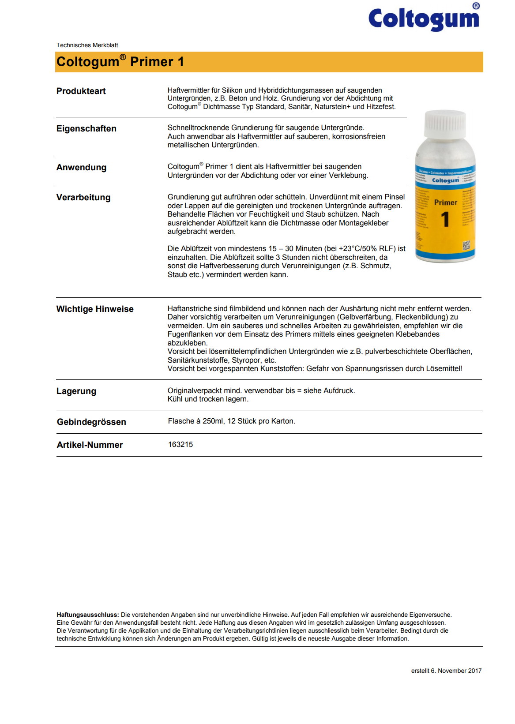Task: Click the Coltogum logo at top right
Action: click(x=424, y=19)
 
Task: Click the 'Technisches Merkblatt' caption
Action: click(x=87, y=45)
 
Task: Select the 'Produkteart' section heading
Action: click(x=81, y=91)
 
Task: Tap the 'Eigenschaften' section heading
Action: click(x=86, y=129)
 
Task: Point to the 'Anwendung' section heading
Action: click(x=82, y=168)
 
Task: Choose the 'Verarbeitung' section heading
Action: click(x=83, y=198)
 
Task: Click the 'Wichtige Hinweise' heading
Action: click(x=95, y=309)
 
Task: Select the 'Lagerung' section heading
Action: click(x=76, y=391)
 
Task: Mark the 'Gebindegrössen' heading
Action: click(x=91, y=422)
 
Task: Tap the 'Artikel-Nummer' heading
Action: click(x=90, y=445)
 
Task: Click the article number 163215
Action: click(x=180, y=445)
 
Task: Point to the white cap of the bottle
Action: click(x=445, y=124)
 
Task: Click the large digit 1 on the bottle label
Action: click(x=445, y=220)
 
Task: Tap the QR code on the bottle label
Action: click(x=466, y=245)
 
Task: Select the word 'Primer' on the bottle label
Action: click(x=446, y=203)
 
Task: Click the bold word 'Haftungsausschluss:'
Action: click(x=88, y=615)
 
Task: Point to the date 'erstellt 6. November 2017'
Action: click(x=446, y=671)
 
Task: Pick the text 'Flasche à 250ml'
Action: click(x=196, y=421)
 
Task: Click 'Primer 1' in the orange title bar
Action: click(x=157, y=62)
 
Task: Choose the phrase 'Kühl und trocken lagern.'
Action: click(x=208, y=399)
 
